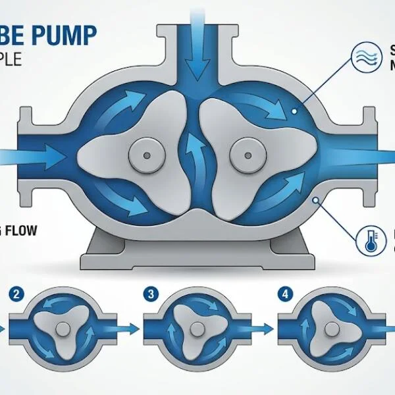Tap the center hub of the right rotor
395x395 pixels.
click(248, 156)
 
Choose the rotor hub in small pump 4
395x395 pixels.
click(328, 327)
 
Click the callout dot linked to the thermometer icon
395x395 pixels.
click(318, 199)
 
